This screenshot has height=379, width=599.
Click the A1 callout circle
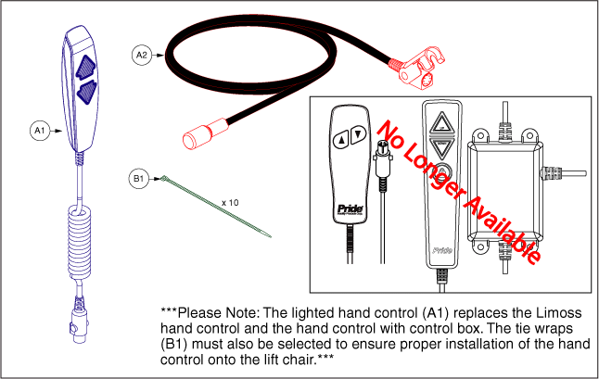coord(40,131)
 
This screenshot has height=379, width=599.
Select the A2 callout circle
coord(142,55)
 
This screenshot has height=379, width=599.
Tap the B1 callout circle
coord(139,178)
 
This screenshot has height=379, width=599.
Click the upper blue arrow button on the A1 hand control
coord(85,67)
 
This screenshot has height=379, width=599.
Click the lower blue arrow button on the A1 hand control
coord(87,92)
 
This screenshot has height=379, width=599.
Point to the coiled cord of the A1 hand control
coord(80,241)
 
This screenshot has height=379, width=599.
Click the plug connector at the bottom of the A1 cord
coord(79,321)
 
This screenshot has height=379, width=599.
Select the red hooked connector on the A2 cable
coord(417,69)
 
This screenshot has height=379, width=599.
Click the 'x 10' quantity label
coord(230,202)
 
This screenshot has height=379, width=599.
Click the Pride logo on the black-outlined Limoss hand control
coord(350,210)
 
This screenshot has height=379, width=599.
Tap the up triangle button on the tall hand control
coord(442,123)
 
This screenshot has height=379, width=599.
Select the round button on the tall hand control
coord(442,171)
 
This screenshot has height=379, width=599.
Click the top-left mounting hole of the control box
coord(479,135)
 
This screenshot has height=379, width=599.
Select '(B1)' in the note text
coord(173,344)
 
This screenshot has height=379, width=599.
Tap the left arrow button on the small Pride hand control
coord(341,139)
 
